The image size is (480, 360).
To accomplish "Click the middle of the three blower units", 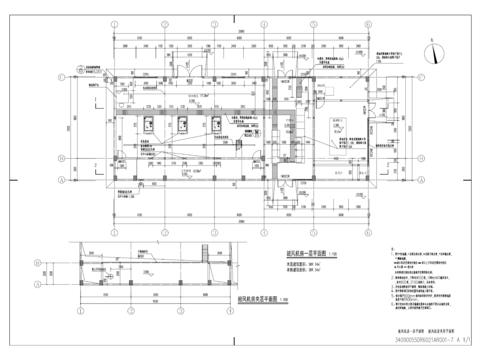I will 185,121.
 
